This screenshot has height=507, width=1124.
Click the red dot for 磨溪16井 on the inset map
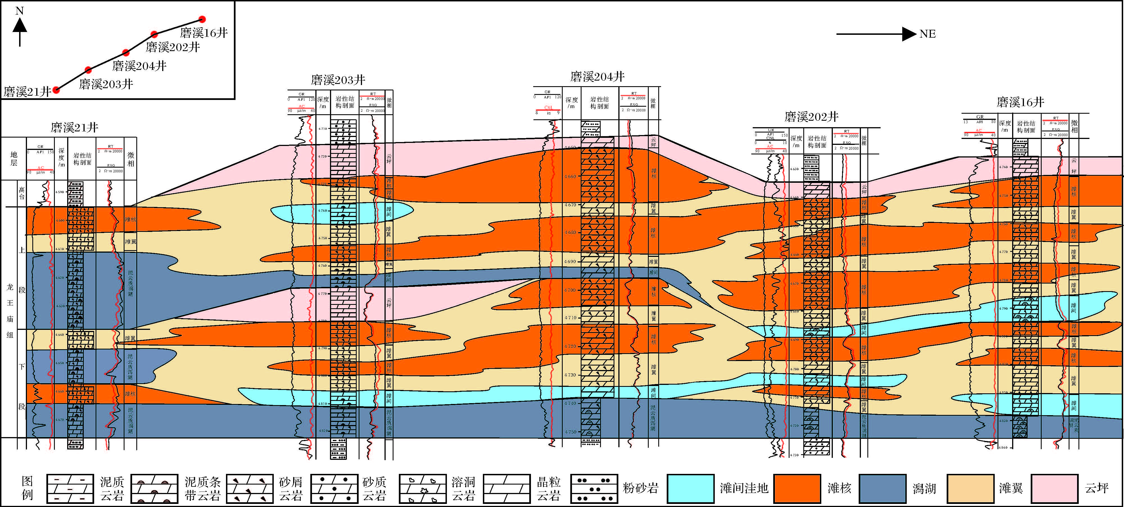tap(202, 19)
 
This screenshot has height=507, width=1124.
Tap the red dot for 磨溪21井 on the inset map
tap(56, 90)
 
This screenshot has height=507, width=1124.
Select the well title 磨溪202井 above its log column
tap(811, 117)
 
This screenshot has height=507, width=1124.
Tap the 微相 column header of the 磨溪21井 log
tap(130, 159)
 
